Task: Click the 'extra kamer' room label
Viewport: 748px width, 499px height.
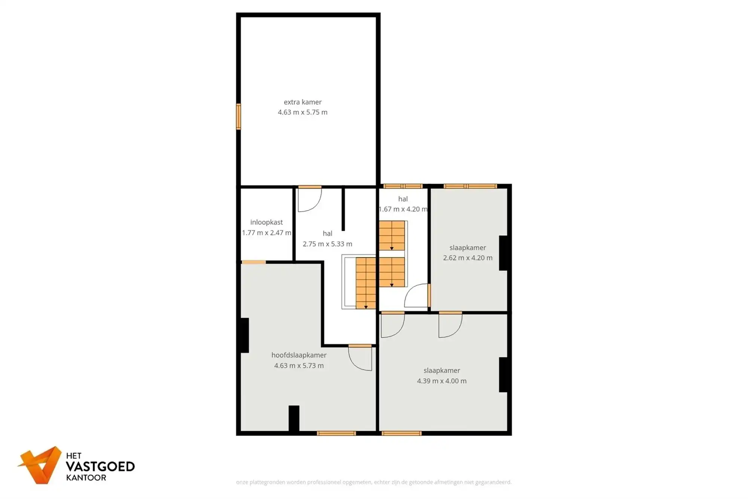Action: tap(303, 102)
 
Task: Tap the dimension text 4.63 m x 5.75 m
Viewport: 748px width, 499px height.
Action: tap(303, 112)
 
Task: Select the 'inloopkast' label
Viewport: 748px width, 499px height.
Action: tap(266, 222)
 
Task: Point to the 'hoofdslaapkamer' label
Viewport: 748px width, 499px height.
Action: tap(299, 355)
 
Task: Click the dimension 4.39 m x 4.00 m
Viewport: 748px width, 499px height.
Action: tap(442, 381)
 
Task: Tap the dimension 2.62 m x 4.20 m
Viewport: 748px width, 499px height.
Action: tap(467, 258)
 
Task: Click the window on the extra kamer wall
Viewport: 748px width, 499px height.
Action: tap(238, 116)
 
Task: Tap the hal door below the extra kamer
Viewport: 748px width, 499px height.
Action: tap(310, 199)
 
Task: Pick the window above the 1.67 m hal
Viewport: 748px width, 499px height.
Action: tap(403, 186)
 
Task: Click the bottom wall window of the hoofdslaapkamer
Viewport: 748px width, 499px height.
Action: tap(336, 433)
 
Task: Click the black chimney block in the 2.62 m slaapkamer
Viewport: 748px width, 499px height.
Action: tap(503, 253)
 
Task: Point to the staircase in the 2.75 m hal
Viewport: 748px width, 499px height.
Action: tap(365, 283)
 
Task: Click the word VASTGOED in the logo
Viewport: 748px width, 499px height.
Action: tap(100, 466)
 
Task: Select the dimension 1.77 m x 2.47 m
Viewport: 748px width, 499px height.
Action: tap(266, 232)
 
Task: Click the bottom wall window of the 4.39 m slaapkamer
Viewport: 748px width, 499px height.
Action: tap(401, 433)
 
